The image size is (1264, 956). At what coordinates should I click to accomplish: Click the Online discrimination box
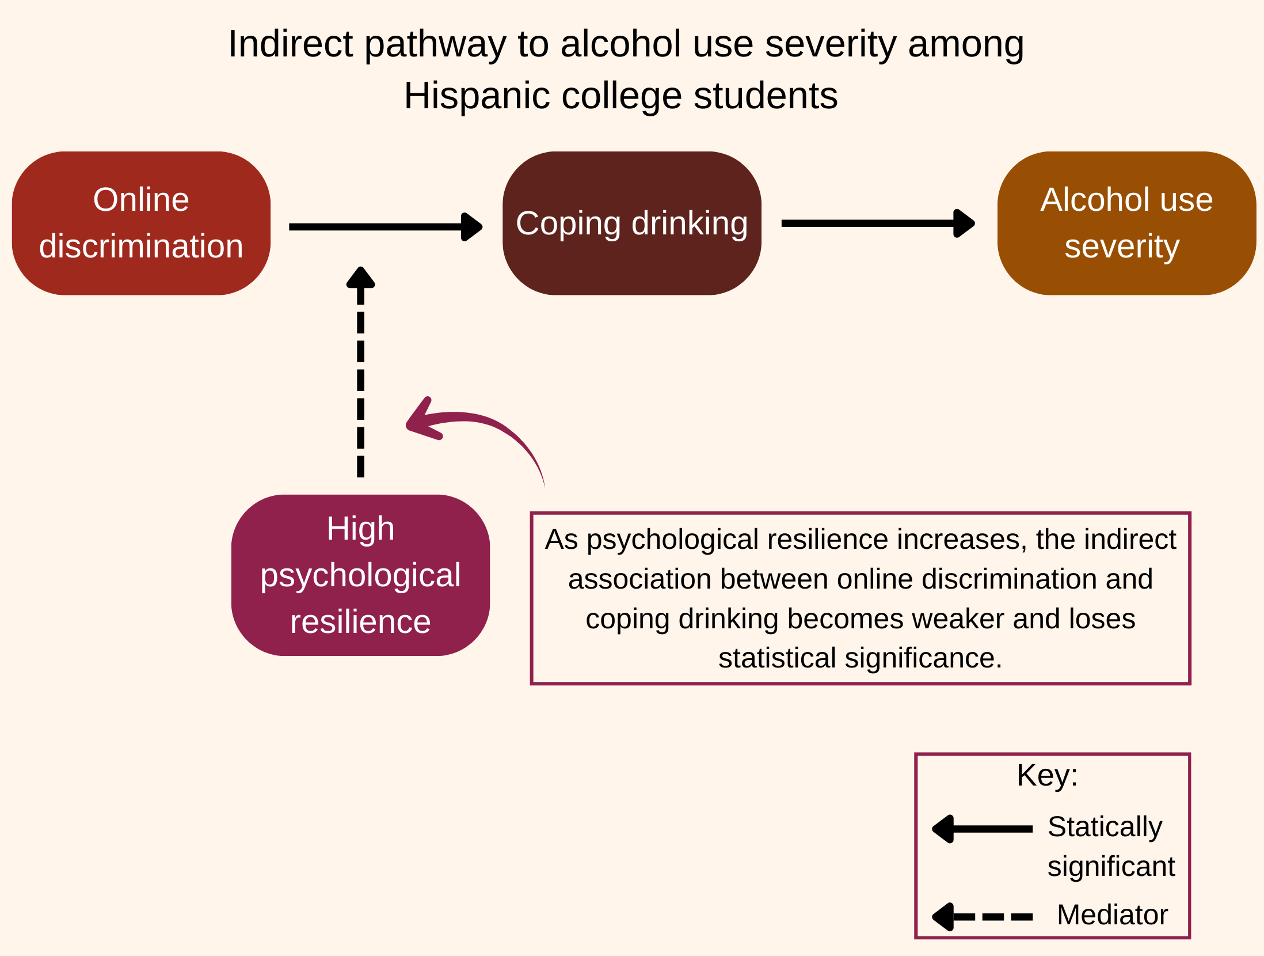click(141, 223)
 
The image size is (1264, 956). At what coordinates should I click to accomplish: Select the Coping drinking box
click(631, 223)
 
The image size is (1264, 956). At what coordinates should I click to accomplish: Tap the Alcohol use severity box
click(1126, 223)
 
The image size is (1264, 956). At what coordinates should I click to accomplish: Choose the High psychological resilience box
click(360, 575)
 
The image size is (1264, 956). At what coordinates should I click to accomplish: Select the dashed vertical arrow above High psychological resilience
click(361, 374)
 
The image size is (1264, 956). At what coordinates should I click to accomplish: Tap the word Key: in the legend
click(1047, 775)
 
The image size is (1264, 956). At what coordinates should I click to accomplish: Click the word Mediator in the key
click(1112, 915)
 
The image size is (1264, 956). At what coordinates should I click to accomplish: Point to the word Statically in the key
click(1105, 827)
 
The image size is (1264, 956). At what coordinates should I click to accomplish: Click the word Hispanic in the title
click(476, 96)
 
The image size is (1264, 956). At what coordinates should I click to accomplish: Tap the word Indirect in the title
click(290, 44)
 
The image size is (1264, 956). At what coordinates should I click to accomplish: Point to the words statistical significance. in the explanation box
click(860, 658)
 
